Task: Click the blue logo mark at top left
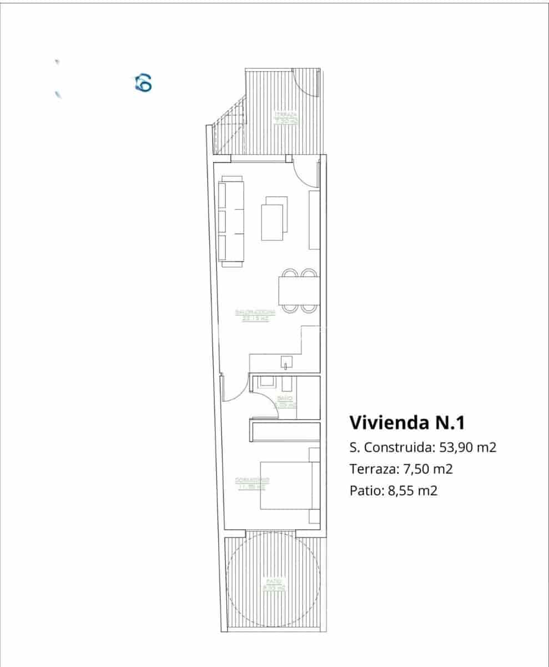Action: (x=143, y=83)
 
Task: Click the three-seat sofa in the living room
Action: (x=231, y=220)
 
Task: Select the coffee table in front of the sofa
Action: (x=274, y=218)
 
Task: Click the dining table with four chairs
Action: (x=299, y=290)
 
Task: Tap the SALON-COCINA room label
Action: (x=255, y=315)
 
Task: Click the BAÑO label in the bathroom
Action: (x=285, y=401)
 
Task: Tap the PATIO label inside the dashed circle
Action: (x=274, y=584)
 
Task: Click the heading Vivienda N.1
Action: (x=406, y=422)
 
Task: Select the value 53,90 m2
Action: (x=467, y=447)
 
